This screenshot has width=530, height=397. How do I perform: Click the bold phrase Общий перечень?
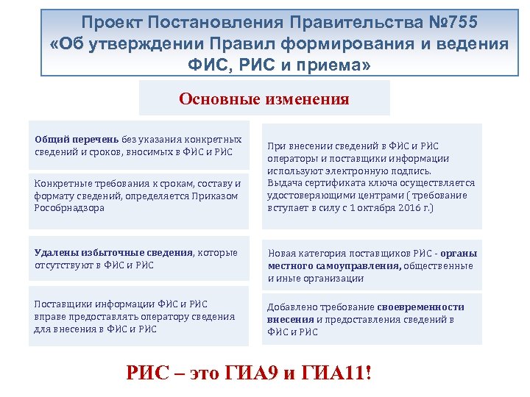[x=77, y=140]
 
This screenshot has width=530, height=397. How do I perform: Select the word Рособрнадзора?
[x=69, y=207]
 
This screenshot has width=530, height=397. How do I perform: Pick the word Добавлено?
[x=291, y=307]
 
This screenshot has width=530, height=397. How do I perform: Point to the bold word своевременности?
[x=421, y=307]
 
